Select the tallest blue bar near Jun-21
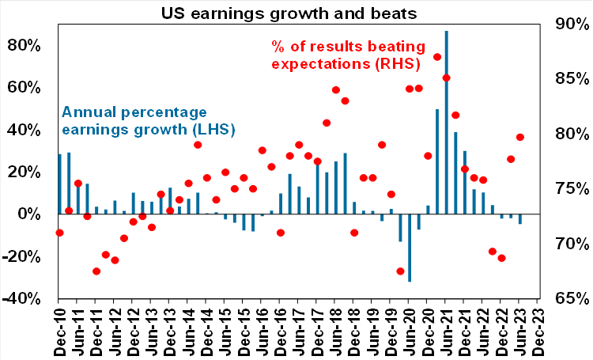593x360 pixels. [446, 119]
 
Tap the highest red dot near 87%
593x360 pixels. [437, 57]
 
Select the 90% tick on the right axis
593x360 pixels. [566, 24]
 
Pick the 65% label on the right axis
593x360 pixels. [566, 299]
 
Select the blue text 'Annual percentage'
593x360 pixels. [134, 111]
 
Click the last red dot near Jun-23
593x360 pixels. [519, 137]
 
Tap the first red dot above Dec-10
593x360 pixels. [59, 233]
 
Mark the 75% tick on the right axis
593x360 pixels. [566, 189]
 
